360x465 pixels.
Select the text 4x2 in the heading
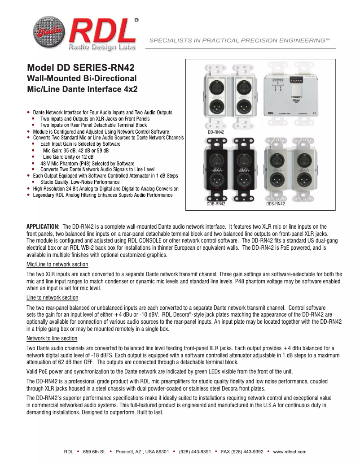pos(129,88)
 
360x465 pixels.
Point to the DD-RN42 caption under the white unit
pos(215,132)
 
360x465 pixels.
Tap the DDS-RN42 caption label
pos(275,204)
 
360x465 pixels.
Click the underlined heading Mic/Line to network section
pos(57,265)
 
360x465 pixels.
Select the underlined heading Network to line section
pos(52,338)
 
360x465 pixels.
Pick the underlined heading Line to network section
pos(52,298)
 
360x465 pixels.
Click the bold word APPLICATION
pos(43,226)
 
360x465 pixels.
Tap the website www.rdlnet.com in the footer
pos(290,452)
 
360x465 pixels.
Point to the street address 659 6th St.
pos(94,452)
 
